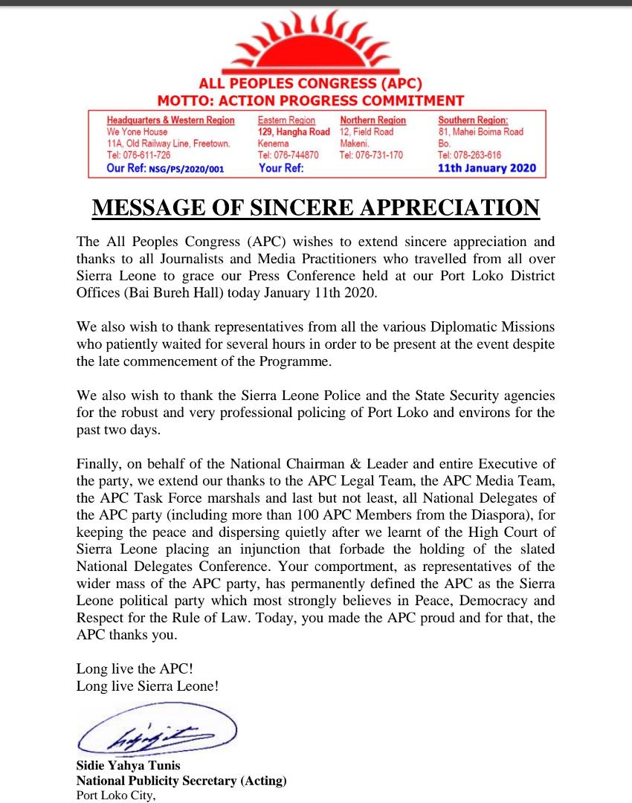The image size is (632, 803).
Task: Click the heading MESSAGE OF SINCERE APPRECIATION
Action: (x=315, y=207)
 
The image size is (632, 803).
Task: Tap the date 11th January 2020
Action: (x=486, y=168)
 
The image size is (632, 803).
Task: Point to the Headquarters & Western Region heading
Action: (x=170, y=120)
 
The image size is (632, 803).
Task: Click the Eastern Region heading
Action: (x=286, y=120)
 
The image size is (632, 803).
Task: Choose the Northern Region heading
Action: (x=373, y=120)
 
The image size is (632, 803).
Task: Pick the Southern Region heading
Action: (x=473, y=120)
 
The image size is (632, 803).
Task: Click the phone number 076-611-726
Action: (x=147, y=155)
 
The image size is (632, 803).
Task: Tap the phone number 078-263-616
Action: (x=479, y=155)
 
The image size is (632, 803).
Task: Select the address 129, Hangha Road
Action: (x=294, y=132)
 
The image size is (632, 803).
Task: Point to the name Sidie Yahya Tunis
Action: (x=128, y=766)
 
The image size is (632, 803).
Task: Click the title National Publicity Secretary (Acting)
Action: (x=181, y=781)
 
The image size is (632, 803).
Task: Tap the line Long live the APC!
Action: (x=135, y=669)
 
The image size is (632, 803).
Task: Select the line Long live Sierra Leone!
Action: (x=147, y=686)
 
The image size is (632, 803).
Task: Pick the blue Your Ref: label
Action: (x=280, y=168)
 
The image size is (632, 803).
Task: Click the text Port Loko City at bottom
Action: (x=116, y=796)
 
